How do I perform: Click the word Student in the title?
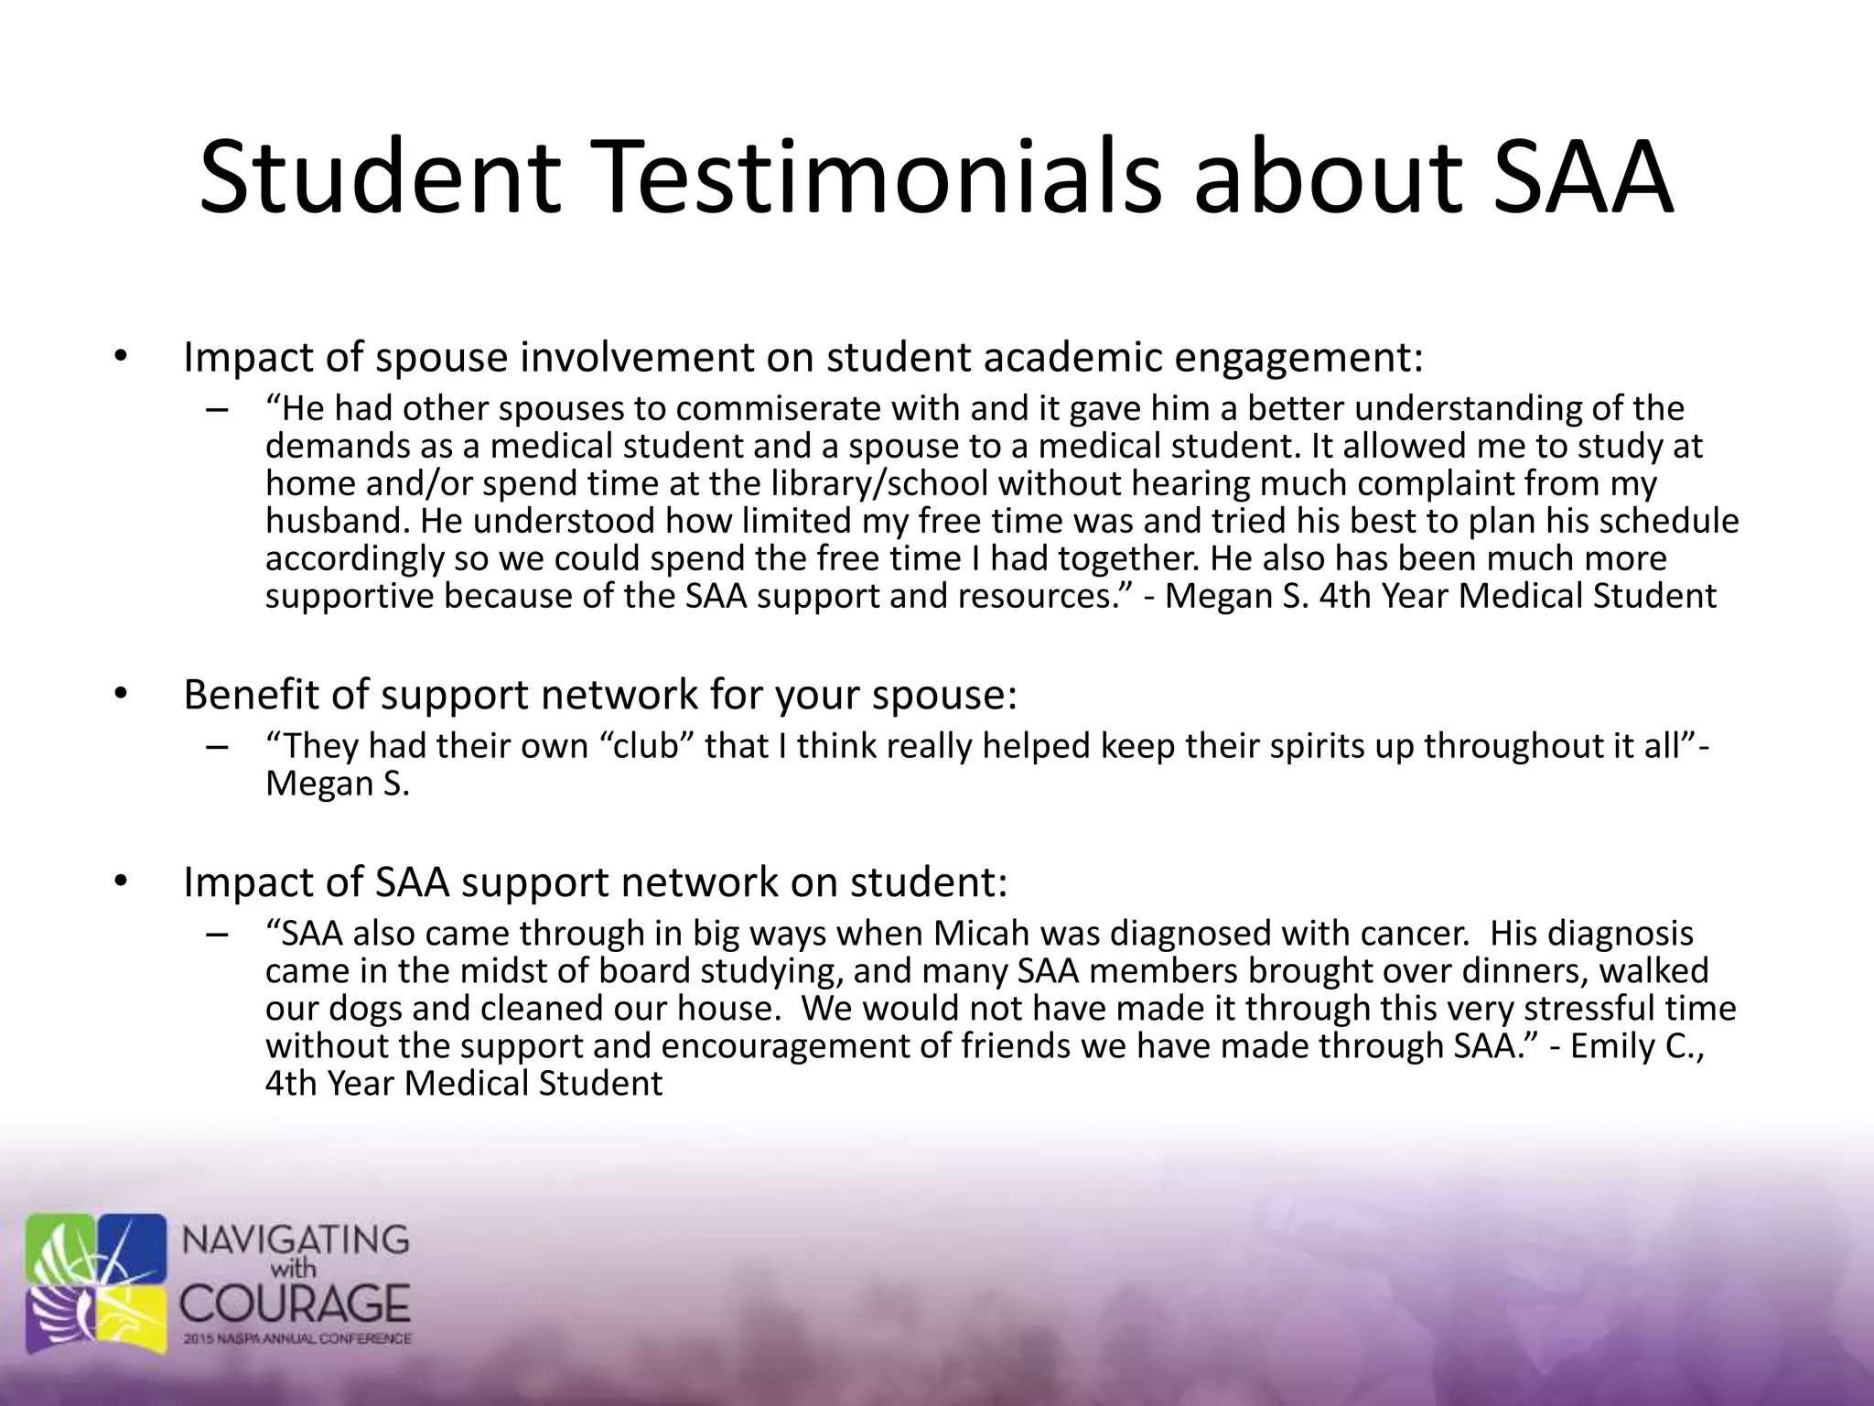point(380,178)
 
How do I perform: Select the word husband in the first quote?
point(335,521)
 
